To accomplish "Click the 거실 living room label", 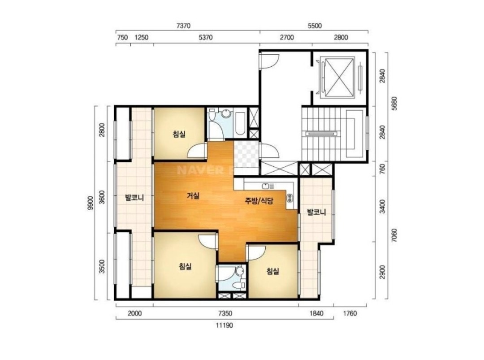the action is pyautogui.click(x=193, y=196).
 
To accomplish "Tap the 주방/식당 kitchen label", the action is pyautogui.click(x=259, y=201).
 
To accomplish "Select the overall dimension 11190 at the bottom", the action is pyautogui.click(x=225, y=325).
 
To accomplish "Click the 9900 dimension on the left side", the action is pyautogui.click(x=91, y=203).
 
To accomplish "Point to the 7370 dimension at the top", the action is pyautogui.click(x=183, y=26).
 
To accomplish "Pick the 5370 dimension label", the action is pyautogui.click(x=206, y=38).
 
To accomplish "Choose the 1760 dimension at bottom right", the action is pyautogui.click(x=350, y=314).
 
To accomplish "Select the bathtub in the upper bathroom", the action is pyautogui.click(x=240, y=124).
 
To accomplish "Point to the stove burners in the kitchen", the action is pyautogui.click(x=290, y=198).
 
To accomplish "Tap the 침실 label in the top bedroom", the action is pyautogui.click(x=179, y=134).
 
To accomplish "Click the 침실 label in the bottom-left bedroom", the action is pyautogui.click(x=185, y=266).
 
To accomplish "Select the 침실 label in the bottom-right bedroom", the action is pyautogui.click(x=273, y=271).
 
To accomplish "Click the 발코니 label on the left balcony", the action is pyautogui.click(x=134, y=198).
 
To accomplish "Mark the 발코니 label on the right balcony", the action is pyautogui.click(x=316, y=213).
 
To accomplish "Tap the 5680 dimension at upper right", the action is pyautogui.click(x=394, y=104).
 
